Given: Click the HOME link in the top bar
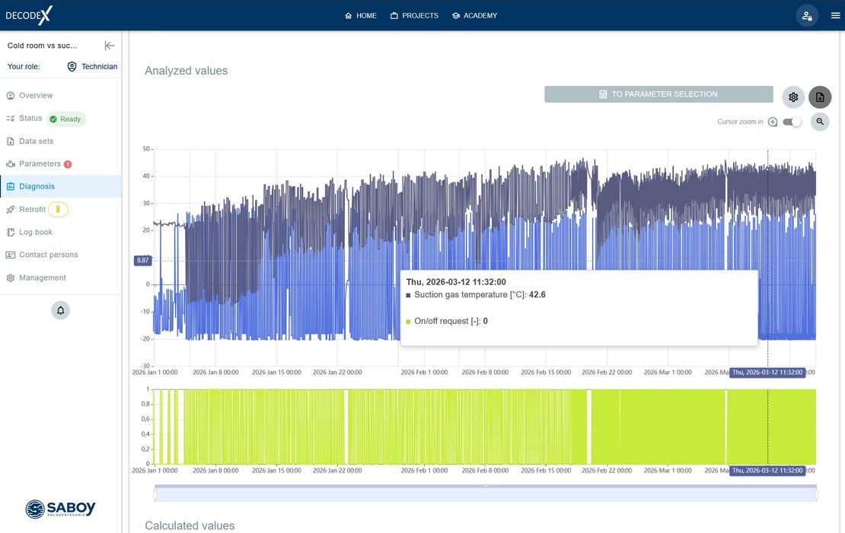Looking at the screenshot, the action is pyautogui.click(x=361, y=16).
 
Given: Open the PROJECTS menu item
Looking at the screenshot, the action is pyautogui.click(x=414, y=16).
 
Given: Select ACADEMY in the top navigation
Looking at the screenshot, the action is pyautogui.click(x=475, y=16).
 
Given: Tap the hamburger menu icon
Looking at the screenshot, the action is pyautogui.click(x=835, y=16).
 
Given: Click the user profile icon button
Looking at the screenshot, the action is pyautogui.click(x=807, y=16).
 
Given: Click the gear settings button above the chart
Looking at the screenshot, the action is pyautogui.click(x=793, y=97).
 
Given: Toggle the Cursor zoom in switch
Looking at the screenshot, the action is pyautogui.click(x=792, y=122).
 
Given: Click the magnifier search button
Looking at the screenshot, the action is pyautogui.click(x=820, y=122).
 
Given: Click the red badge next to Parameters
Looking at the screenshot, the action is pyautogui.click(x=68, y=164).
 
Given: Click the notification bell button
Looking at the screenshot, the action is pyautogui.click(x=60, y=310).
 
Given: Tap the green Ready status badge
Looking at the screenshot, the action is pyautogui.click(x=66, y=119).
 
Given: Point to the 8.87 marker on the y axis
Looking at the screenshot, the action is pyautogui.click(x=143, y=261).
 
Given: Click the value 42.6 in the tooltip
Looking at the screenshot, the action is pyautogui.click(x=537, y=294).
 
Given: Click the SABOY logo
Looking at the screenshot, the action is pyautogui.click(x=60, y=508).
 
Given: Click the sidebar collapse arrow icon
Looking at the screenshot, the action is pyautogui.click(x=110, y=46).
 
